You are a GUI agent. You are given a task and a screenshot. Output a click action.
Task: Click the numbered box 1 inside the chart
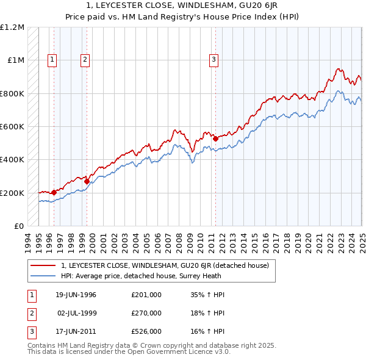(52, 59)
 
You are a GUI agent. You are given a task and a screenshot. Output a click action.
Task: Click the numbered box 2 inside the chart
(85, 59)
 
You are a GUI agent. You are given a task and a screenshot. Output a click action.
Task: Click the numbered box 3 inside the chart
(214, 59)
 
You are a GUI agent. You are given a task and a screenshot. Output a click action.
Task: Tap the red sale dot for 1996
(54, 192)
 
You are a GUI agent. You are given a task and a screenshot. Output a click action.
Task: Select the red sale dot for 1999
(87, 181)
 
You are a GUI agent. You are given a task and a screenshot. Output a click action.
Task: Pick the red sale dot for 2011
(215, 139)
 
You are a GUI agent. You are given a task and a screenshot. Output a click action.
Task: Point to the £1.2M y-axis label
(12, 27)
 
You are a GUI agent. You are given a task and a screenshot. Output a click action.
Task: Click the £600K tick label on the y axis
(12, 127)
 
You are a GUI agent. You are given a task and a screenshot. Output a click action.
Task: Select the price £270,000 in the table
(146, 313)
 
